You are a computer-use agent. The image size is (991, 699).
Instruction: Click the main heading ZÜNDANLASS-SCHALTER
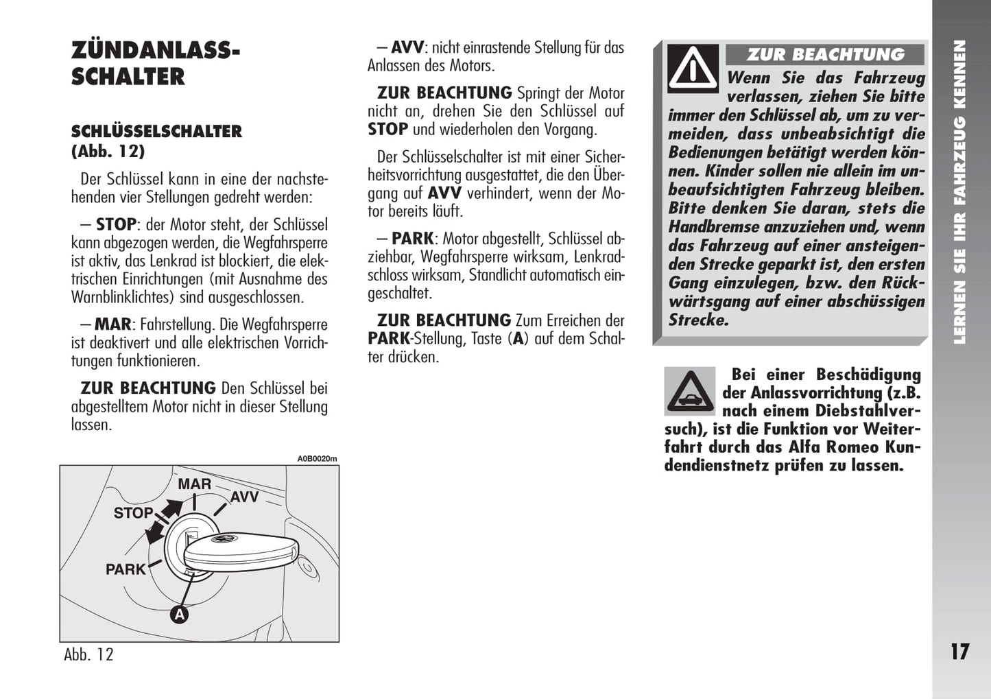coord(156,63)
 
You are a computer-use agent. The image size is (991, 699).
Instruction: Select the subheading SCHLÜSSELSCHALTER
coord(156,131)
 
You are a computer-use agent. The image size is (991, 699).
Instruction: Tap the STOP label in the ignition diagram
coord(133,513)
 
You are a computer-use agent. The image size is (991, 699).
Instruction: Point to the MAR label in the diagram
coord(195,484)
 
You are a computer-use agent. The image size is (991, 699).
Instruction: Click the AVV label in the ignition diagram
coord(244,497)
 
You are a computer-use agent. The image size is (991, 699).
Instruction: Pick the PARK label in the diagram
coord(126,569)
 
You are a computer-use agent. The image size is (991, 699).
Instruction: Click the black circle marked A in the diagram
coord(179,615)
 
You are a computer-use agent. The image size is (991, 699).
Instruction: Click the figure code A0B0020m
coord(317,459)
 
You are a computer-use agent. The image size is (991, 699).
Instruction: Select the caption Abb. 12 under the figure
coord(88,654)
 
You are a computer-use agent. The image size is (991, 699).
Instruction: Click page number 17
coord(959,652)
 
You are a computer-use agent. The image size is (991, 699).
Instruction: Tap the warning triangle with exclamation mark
coord(693,69)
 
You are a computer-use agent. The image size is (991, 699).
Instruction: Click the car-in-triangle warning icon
coord(690,392)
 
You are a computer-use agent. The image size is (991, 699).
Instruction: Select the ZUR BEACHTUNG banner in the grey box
coord(825,55)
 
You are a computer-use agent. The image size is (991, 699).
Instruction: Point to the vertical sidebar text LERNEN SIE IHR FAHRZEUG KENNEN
coord(960,192)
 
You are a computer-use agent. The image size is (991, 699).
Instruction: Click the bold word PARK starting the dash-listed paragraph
coord(413,239)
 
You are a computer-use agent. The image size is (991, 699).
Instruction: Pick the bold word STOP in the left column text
coord(116,224)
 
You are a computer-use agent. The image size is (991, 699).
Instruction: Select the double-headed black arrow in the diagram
coord(165,521)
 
